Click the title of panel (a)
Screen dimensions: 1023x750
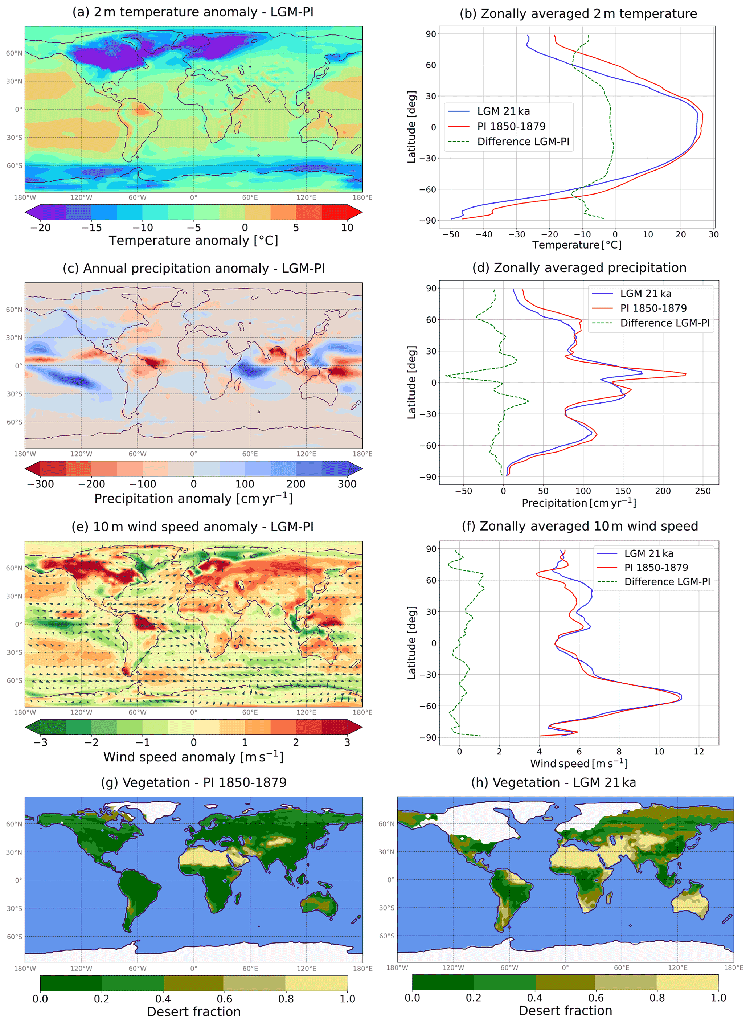pyautogui.click(x=193, y=12)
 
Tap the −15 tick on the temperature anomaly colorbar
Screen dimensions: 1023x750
pyautogui.click(x=92, y=228)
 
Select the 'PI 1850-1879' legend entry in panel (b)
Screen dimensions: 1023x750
pyautogui.click(x=511, y=126)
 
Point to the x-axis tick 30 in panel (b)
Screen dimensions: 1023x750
pyautogui.click(x=714, y=234)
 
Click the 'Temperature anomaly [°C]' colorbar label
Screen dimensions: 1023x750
pyautogui.click(x=193, y=241)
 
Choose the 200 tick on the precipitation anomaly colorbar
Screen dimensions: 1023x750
pyautogui.click(x=296, y=484)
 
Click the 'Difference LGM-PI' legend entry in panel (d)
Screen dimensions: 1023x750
pyautogui.click(x=664, y=323)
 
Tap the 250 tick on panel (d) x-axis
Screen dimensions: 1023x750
pyautogui.click(x=703, y=491)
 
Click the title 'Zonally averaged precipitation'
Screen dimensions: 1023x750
pyautogui.click(x=579, y=268)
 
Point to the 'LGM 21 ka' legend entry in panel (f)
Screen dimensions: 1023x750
pyautogui.click(x=648, y=553)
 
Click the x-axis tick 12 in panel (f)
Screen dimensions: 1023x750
pyautogui.click(x=699, y=752)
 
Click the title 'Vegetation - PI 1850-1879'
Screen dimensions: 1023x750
pyautogui.click(x=194, y=783)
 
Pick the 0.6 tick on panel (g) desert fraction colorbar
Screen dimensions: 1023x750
pyautogui.click(x=224, y=999)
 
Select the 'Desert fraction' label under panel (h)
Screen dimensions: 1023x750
pyautogui.click(x=565, y=1011)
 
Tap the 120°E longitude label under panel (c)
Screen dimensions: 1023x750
pyautogui.click(x=307, y=454)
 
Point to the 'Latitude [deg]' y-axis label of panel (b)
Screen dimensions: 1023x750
pyautogui.click(x=411, y=127)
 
